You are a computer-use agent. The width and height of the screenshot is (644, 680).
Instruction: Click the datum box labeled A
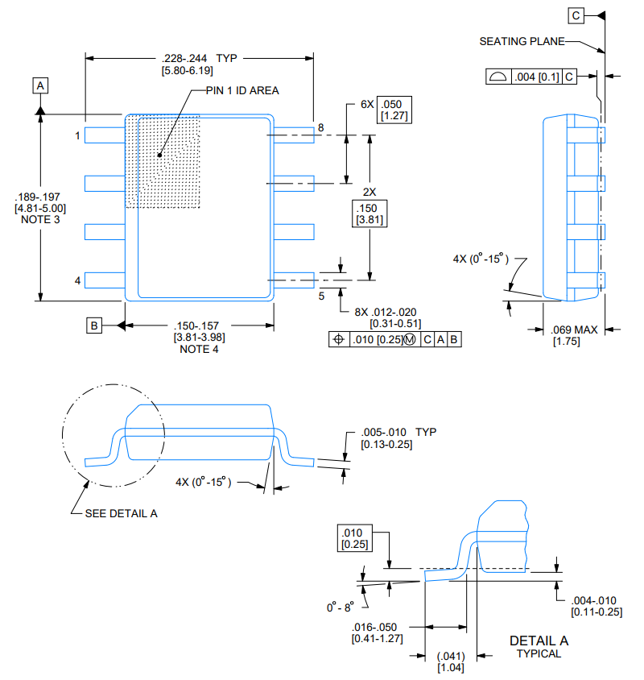(x=40, y=85)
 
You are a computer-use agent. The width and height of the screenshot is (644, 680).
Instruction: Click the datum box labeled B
(x=94, y=325)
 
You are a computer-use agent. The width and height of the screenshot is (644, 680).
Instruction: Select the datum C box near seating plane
(x=576, y=15)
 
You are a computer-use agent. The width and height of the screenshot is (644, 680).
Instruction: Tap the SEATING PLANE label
(x=522, y=41)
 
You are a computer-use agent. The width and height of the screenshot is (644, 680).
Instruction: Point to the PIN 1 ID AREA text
(x=242, y=90)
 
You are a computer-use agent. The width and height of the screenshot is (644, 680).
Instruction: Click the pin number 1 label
(x=77, y=135)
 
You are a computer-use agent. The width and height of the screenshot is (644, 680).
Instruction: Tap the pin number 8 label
(x=320, y=127)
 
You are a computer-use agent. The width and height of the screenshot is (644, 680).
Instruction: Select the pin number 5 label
(x=321, y=296)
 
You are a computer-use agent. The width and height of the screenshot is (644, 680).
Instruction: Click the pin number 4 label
(x=77, y=280)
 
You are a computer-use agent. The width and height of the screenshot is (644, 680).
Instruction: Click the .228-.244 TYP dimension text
(x=200, y=58)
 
